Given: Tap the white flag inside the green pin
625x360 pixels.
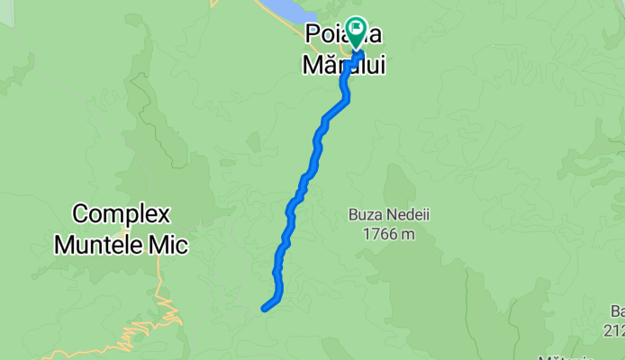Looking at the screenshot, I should tap(356, 30).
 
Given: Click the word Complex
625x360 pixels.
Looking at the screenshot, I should tap(121, 216).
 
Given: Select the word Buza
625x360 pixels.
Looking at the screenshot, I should tap(366, 215).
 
